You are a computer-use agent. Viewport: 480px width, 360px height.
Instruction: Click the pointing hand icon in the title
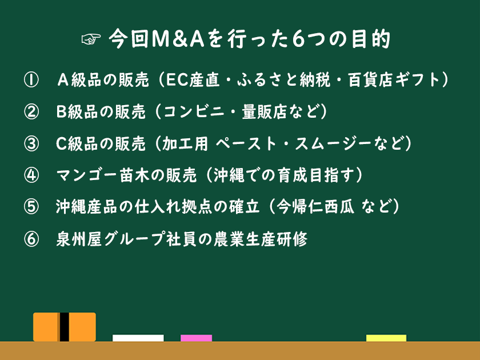point(91,41)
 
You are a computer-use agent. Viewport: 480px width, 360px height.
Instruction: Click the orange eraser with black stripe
point(64,327)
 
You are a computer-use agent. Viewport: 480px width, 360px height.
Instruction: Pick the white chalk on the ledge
point(138,338)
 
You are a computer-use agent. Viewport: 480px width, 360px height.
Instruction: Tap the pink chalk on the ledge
point(196,338)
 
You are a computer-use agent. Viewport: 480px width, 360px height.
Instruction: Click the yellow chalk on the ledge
point(386,338)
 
